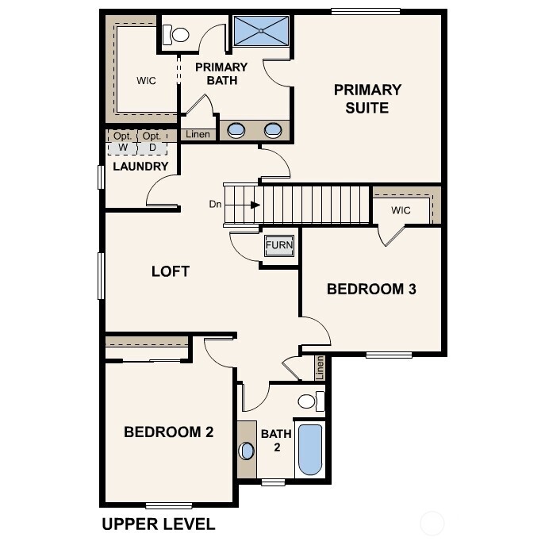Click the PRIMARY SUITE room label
[367, 98]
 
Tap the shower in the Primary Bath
[261, 31]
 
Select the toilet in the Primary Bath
[175, 34]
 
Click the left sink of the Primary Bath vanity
[236, 130]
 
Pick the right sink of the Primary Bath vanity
[272, 130]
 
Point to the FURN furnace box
[278, 246]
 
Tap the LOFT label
[171, 271]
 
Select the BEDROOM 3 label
[371, 290]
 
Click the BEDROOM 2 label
[168, 432]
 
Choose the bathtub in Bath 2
[309, 450]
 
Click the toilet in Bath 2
[310, 401]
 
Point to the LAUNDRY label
[140, 167]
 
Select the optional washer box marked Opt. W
[122, 141]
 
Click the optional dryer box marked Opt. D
[152, 141]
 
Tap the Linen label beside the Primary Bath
[198, 135]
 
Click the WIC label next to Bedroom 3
[401, 210]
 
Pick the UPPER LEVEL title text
[158, 524]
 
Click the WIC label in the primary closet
[146, 80]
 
